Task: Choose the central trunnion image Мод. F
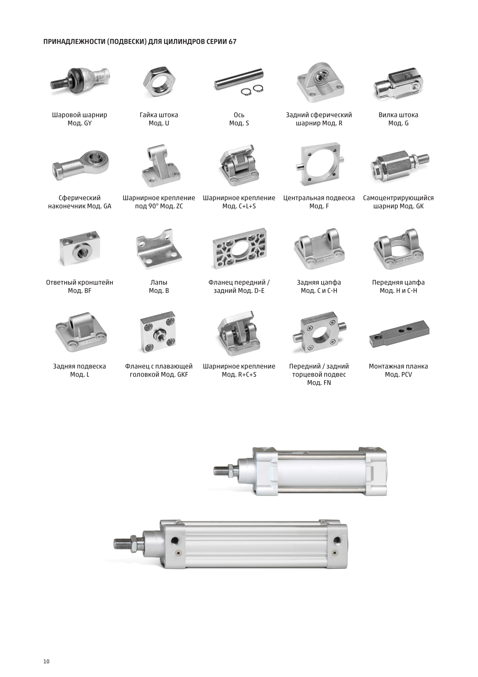click(x=319, y=164)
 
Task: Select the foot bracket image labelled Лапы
click(x=159, y=247)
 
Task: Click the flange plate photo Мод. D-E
click(x=239, y=248)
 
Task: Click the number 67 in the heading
click(x=232, y=41)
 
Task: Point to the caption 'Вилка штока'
click(x=398, y=115)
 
